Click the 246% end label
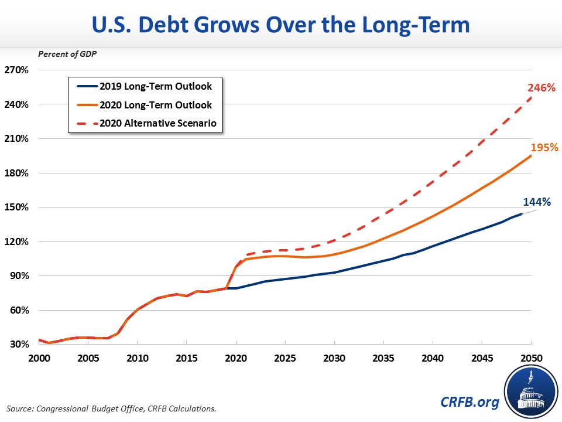[x=540, y=89]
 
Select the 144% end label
[x=536, y=202]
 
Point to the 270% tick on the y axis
[x=16, y=70]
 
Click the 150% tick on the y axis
[x=16, y=207]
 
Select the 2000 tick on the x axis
[x=39, y=358]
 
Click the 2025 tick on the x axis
[x=285, y=358]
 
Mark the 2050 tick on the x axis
[x=530, y=358]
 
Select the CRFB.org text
[x=470, y=402]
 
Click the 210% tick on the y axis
[x=16, y=139]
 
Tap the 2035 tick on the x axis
[x=383, y=358]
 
